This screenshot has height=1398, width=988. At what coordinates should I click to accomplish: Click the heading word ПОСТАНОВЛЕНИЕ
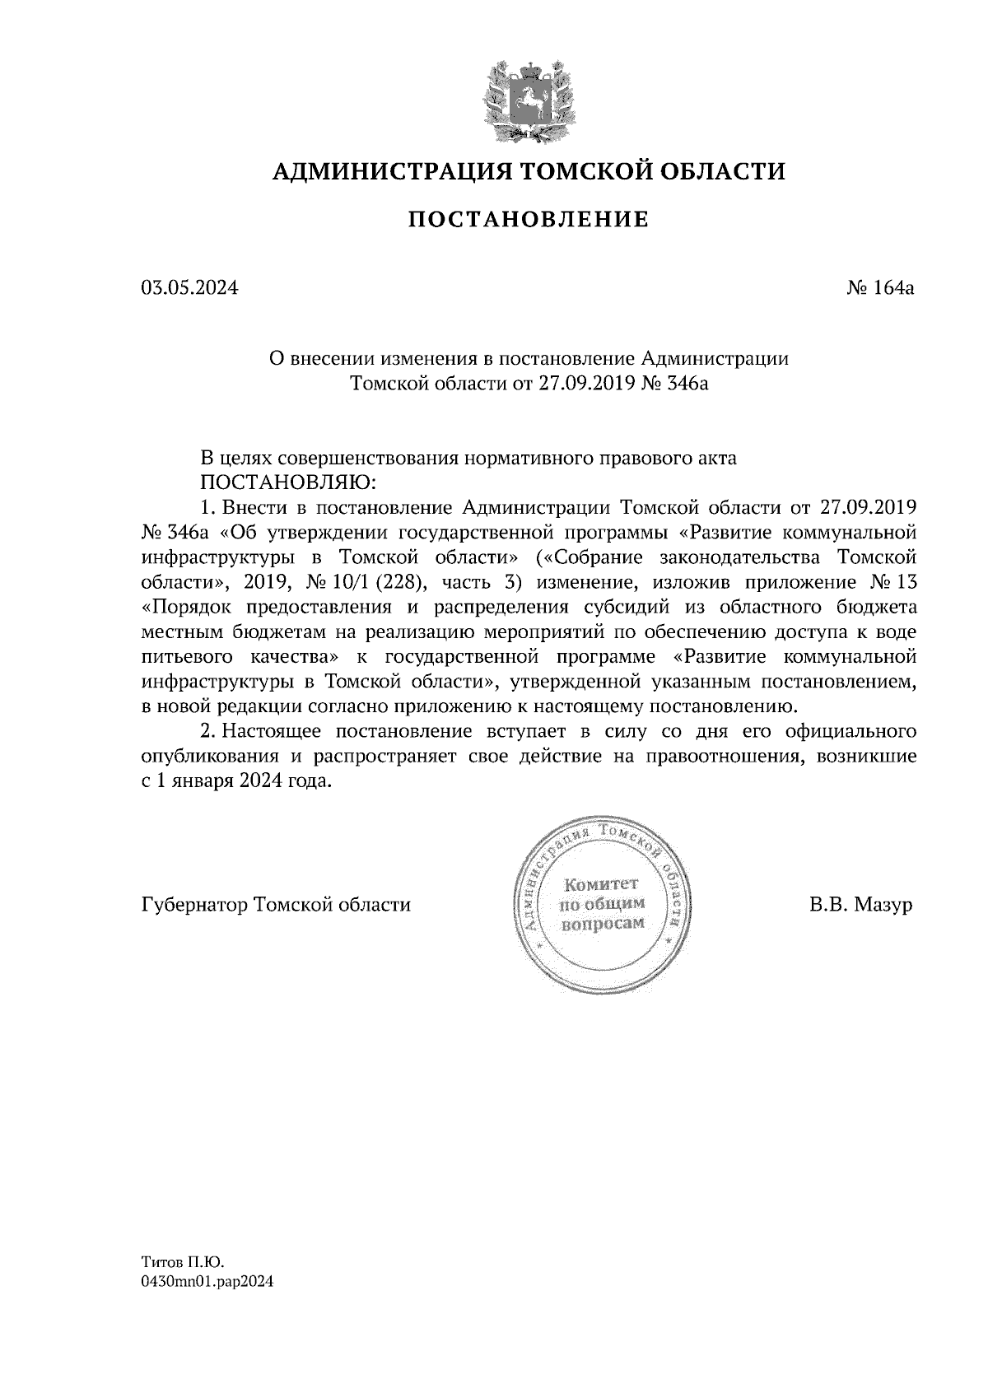[529, 220]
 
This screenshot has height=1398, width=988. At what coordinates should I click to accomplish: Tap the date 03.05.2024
[189, 288]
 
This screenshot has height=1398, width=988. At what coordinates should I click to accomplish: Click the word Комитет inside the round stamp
[601, 885]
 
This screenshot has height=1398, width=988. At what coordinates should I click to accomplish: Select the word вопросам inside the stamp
[601, 924]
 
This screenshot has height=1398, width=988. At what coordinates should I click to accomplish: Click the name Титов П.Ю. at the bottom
[183, 1284]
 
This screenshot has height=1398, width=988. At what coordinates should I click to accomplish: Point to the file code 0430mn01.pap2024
[207, 1305]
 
